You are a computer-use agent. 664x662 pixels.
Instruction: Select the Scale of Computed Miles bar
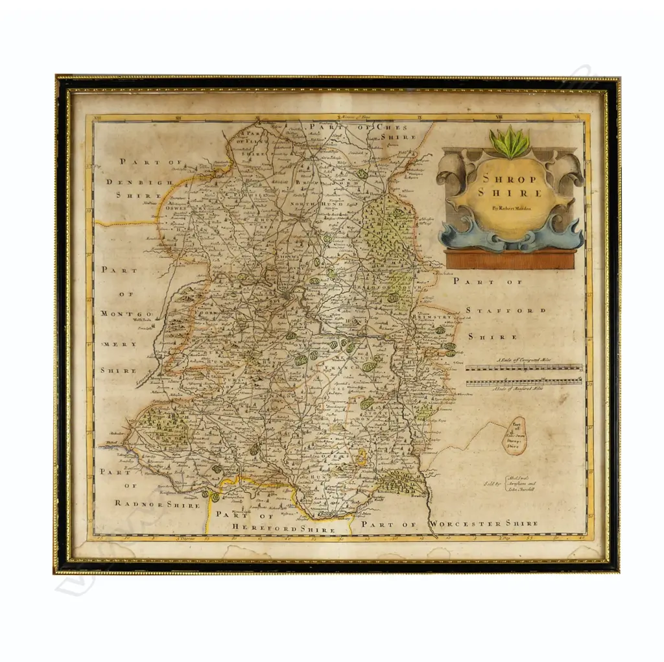coord(524,368)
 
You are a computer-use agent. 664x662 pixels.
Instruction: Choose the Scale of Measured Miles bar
coord(524,382)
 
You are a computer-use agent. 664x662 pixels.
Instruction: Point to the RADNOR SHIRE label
coord(158,503)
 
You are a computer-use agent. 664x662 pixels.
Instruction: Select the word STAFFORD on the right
coord(506,311)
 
